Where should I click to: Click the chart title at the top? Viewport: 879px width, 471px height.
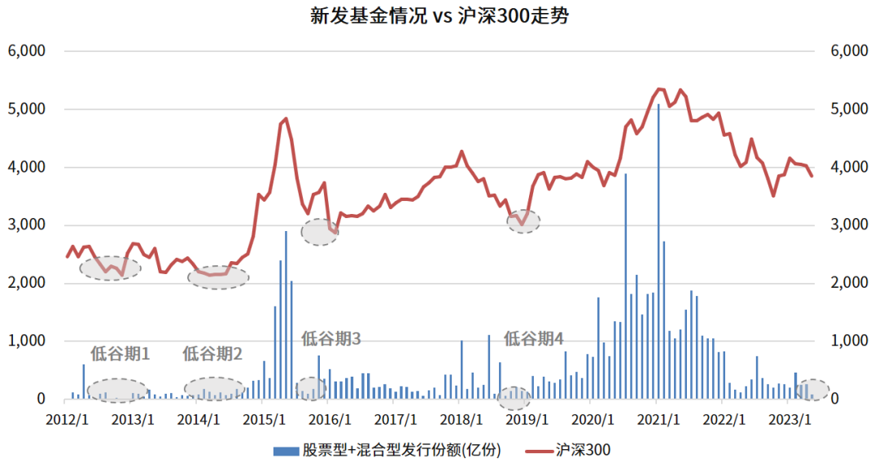click(x=439, y=15)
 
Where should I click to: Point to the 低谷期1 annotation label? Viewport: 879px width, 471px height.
click(x=120, y=354)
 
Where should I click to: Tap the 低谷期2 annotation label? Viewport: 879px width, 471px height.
click(x=212, y=354)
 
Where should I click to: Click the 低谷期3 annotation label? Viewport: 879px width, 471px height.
click(x=331, y=339)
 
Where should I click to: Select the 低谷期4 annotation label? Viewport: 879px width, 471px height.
click(x=534, y=339)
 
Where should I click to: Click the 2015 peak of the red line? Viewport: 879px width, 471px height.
click(x=286, y=119)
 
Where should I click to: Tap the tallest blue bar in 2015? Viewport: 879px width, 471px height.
click(x=286, y=316)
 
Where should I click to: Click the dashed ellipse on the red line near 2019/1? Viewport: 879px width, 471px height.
click(x=523, y=221)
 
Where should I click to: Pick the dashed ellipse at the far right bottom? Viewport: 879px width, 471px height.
click(x=812, y=390)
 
